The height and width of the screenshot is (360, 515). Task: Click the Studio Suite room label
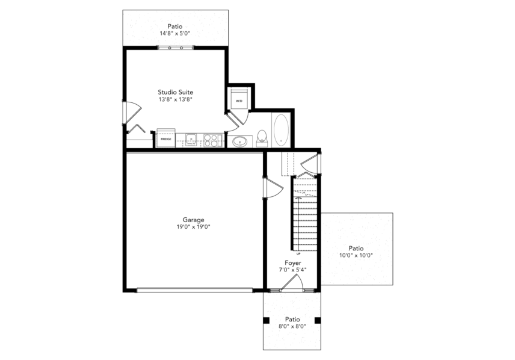(x=176, y=92)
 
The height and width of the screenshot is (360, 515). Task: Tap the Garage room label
(x=194, y=220)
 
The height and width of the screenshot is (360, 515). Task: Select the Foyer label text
(x=292, y=263)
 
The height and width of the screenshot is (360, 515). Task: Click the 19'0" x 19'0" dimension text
(x=194, y=227)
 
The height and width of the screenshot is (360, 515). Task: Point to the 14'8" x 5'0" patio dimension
(x=175, y=33)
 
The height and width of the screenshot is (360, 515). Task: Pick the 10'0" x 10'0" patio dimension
(x=356, y=255)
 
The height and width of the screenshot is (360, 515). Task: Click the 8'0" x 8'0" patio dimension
(x=292, y=326)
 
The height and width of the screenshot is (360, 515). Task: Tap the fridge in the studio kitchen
(x=166, y=138)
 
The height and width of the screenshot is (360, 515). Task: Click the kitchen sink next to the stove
(x=191, y=140)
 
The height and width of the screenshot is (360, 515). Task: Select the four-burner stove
(x=211, y=140)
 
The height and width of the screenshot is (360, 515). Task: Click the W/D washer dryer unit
(x=239, y=98)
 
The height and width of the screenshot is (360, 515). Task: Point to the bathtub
(x=281, y=130)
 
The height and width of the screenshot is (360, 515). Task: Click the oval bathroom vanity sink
(x=240, y=142)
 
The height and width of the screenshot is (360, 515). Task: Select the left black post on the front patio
(x=266, y=320)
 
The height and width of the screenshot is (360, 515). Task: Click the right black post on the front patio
(x=318, y=320)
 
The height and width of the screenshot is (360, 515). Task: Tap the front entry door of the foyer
(x=292, y=283)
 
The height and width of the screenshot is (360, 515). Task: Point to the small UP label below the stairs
(x=298, y=253)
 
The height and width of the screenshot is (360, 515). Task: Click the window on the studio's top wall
(x=176, y=48)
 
